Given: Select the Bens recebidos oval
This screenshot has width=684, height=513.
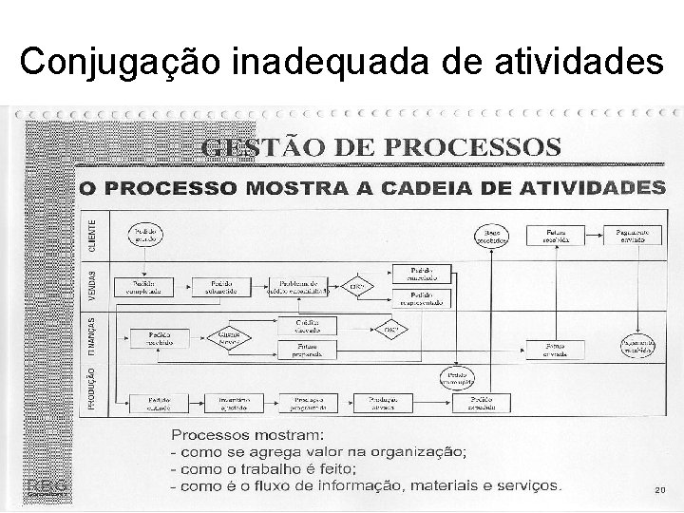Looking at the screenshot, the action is click(x=492, y=234).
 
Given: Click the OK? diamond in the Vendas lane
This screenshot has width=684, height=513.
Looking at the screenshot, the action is click(x=358, y=287).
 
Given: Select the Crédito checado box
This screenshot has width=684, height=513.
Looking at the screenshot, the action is click(x=305, y=327).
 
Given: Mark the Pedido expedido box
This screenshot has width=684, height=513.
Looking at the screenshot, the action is click(x=485, y=404).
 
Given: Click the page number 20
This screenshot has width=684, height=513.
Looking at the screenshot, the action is click(x=660, y=490).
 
